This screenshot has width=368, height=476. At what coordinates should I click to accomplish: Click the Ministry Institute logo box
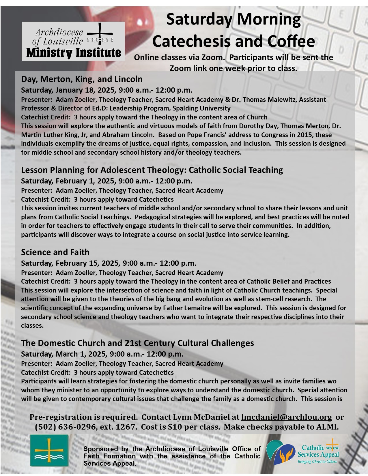pyautogui.click(x=73, y=41)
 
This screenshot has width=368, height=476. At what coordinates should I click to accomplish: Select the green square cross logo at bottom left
pyautogui.click(x=49, y=450)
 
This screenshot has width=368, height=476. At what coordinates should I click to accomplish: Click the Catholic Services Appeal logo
pyautogui.click(x=302, y=452)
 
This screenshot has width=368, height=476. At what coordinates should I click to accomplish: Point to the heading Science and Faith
pyautogui.click(x=55, y=252)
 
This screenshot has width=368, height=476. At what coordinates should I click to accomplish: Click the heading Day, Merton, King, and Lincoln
pyautogui.click(x=82, y=79)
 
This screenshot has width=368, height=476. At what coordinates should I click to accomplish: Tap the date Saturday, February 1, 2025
pyautogui.click(x=68, y=181)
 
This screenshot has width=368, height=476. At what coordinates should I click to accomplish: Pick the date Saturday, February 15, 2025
pyautogui.click(x=70, y=263)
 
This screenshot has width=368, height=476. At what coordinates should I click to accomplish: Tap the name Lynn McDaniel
pyautogui.click(x=206, y=417)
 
